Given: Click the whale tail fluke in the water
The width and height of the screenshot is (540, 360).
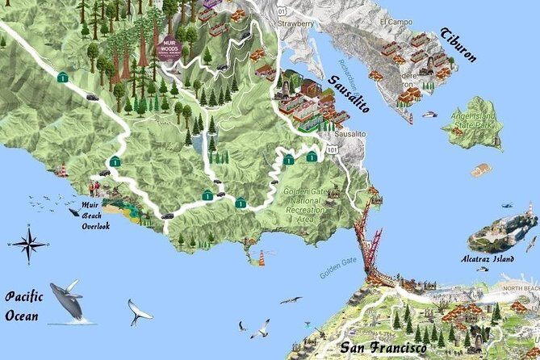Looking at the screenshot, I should click(x=139, y=311).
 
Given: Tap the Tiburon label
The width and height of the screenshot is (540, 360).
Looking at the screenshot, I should click(x=458, y=46).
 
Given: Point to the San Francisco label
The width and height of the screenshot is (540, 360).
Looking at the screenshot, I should click(x=383, y=348).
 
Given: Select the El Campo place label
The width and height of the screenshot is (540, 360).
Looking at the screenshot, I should click(x=396, y=21).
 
